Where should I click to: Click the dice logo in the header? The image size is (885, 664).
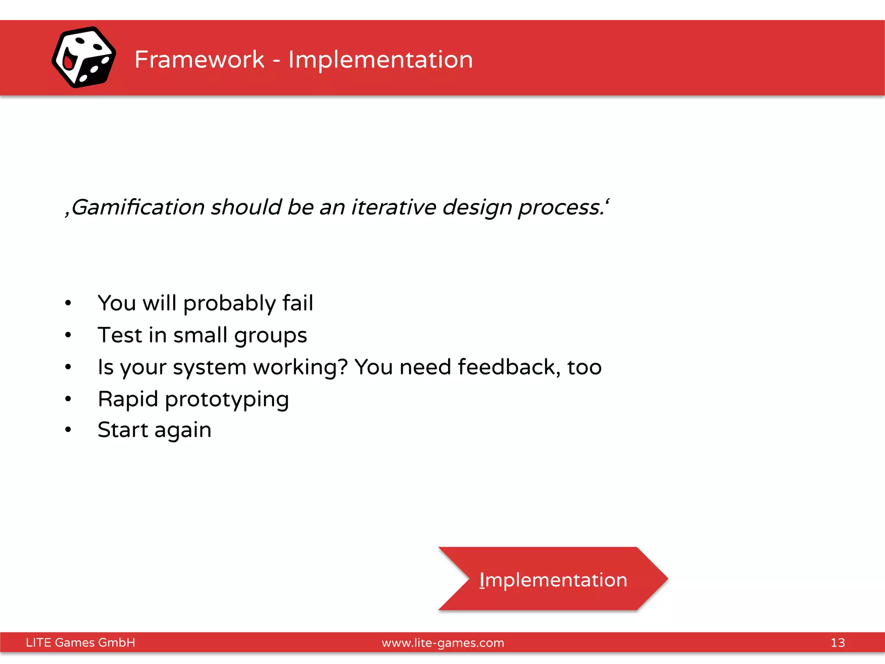84,57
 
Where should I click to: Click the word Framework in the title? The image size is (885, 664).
199,59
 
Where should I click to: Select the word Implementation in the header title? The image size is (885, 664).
380,59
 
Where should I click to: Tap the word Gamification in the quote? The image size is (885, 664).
138,207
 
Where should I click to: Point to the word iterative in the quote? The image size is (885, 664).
394,207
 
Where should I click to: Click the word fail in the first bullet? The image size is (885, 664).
298,303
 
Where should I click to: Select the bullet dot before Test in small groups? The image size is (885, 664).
68,335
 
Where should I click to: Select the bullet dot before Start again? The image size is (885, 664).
68,430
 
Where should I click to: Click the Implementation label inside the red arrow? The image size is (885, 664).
553,580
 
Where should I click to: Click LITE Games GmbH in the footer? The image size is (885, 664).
80,642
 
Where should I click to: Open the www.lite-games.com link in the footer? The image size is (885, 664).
442,643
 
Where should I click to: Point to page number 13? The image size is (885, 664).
837,642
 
